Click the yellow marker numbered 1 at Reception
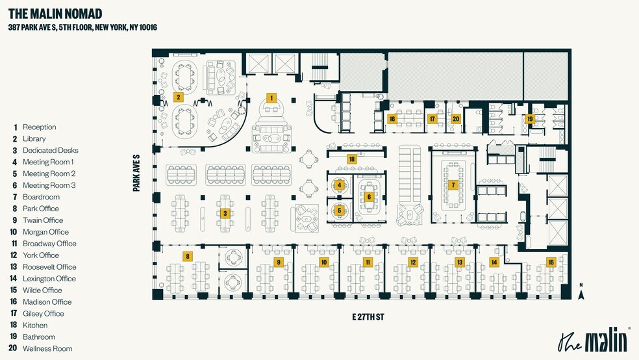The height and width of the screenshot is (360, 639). pyautogui.click(x=272, y=97)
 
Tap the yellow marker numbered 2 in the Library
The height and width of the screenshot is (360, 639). pyautogui.click(x=178, y=97)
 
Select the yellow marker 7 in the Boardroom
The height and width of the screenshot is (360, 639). pyautogui.click(x=453, y=185)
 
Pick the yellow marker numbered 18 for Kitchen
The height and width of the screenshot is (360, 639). pyautogui.click(x=352, y=159)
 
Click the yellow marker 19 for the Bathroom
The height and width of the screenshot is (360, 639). pyautogui.click(x=530, y=119)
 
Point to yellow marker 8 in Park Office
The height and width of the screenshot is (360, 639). pyautogui.click(x=188, y=256)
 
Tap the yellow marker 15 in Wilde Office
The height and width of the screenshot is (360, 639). pyautogui.click(x=551, y=262)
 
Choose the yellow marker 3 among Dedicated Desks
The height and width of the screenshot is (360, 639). pyautogui.click(x=225, y=213)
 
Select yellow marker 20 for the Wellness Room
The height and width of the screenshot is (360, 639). pyautogui.click(x=456, y=119)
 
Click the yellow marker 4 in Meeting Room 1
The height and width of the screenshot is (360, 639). pyautogui.click(x=339, y=185)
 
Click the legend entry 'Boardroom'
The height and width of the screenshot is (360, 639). pyautogui.click(x=41, y=197)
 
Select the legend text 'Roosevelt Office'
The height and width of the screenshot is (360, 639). pyautogui.click(x=49, y=267)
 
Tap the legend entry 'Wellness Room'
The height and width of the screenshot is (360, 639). pyautogui.click(x=47, y=349)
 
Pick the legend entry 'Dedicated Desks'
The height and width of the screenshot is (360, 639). pyautogui.click(x=50, y=150)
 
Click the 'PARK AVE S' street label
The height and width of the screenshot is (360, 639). pyautogui.click(x=137, y=173)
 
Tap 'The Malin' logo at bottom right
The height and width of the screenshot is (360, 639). pyautogui.click(x=594, y=341)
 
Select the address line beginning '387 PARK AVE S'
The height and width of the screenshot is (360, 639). pyautogui.click(x=82, y=27)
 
